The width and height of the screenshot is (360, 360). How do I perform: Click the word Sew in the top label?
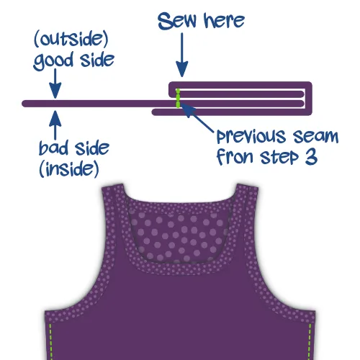coord(177,21)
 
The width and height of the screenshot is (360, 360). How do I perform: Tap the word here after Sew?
coord(224,21)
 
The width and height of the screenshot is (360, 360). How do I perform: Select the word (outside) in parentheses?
coord(71,40)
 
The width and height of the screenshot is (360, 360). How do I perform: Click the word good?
coord(53,61)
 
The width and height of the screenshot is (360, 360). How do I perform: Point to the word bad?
coord(53,148)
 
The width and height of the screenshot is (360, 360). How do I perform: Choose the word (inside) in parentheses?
coord(69,168)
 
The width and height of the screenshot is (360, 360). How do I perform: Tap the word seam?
coord(315,137)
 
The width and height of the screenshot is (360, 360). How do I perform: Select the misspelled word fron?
coord(235,157)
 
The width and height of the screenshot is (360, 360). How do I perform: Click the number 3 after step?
coord(311,157)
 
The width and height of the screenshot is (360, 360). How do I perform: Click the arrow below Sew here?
coord(182,55)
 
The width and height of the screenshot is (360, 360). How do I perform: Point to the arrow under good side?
coord(55,84)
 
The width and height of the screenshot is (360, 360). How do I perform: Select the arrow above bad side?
coord(55,125)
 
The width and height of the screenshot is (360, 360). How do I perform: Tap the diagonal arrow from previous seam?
coord(197,117)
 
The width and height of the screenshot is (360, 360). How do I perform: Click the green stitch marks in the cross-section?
coord(178,98)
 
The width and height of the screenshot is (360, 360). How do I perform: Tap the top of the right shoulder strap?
coord(248,186)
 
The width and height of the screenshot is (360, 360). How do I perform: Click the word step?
coord(279,158)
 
